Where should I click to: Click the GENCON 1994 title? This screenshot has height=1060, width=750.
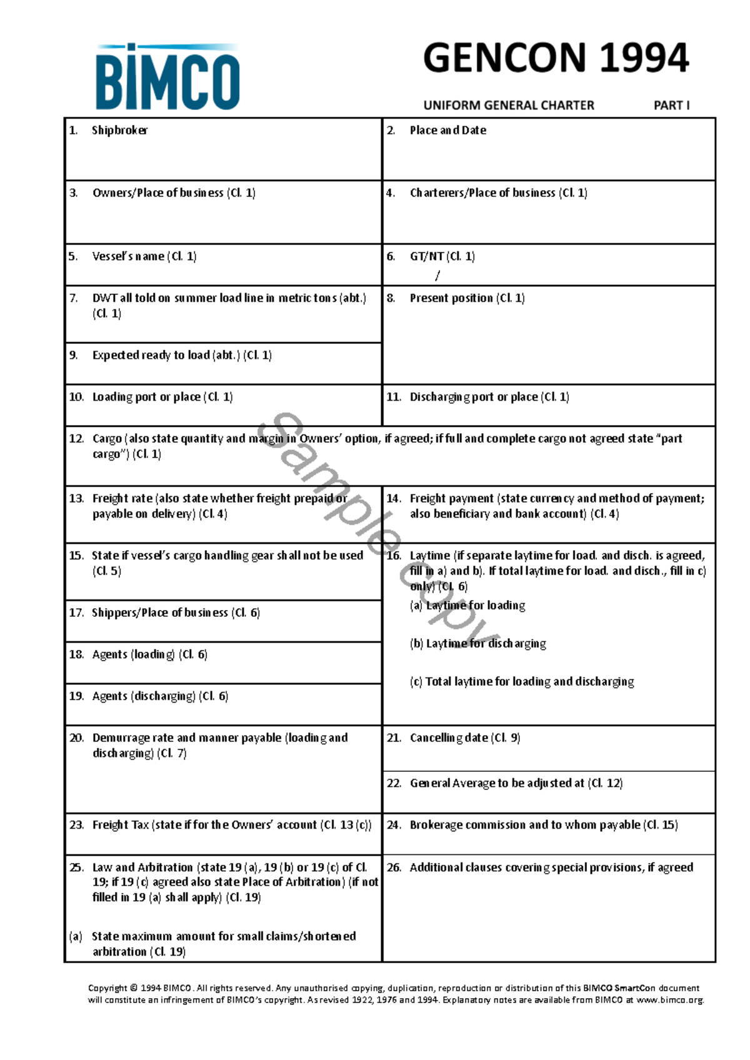tap(556, 58)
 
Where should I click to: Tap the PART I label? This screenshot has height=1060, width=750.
tap(671, 106)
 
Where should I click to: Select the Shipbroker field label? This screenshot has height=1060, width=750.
tap(119, 130)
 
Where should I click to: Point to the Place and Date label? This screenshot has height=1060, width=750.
tap(447, 130)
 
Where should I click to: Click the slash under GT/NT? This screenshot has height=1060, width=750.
tap(437, 275)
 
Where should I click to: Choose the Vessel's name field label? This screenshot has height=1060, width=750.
tap(144, 256)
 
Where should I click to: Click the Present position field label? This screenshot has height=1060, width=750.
tap(467, 298)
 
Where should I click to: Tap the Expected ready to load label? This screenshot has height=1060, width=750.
tap(181, 355)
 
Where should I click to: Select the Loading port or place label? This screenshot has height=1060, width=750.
tap(162, 397)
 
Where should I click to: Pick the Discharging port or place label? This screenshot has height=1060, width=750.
tap(489, 397)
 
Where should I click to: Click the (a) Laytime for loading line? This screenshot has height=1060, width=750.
tap(467, 605)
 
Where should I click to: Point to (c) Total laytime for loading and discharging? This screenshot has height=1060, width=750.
tap(522, 681)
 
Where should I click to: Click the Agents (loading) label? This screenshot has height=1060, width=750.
tap(149, 654)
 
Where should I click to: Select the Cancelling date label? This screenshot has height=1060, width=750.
tap(464, 737)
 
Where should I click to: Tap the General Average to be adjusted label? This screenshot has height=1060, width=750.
tap(516, 783)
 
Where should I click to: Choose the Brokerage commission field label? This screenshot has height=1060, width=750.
tap(543, 825)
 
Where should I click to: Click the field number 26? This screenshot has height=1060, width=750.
tap(394, 867)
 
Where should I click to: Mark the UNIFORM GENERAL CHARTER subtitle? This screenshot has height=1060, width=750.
tap(509, 106)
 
